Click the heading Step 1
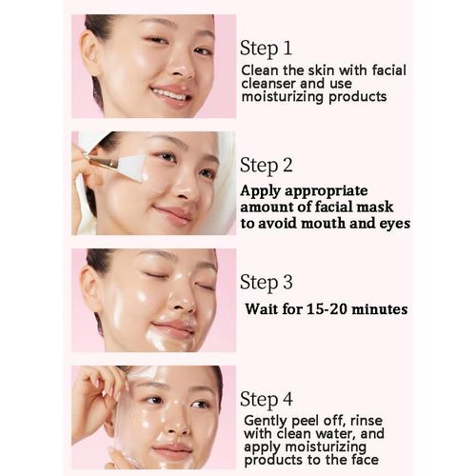(x=266, y=49)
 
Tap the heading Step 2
(x=267, y=166)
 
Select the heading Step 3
(x=267, y=283)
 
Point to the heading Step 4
(x=267, y=400)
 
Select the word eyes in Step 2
(x=395, y=225)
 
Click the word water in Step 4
(x=339, y=434)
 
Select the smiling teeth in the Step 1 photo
(x=169, y=94)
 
